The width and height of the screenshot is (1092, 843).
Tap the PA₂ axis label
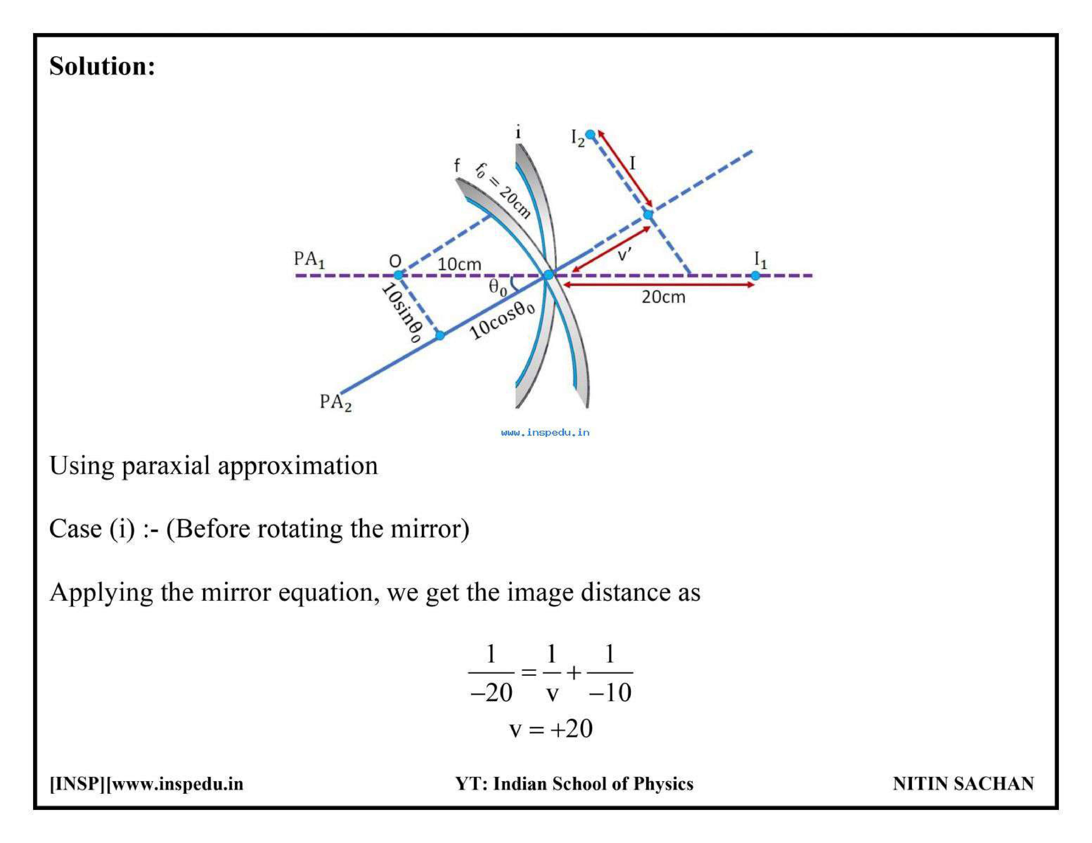335,402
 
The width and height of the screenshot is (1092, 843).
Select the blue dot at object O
398,275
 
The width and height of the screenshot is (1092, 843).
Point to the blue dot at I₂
591,134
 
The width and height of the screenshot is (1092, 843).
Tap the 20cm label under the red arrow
663,297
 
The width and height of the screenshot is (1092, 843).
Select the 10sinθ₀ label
401,313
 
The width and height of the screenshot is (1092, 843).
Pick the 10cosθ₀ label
502,320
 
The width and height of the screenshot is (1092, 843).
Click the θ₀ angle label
497,287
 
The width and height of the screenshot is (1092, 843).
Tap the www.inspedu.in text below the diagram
545,432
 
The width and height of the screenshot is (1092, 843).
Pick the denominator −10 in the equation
610,693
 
